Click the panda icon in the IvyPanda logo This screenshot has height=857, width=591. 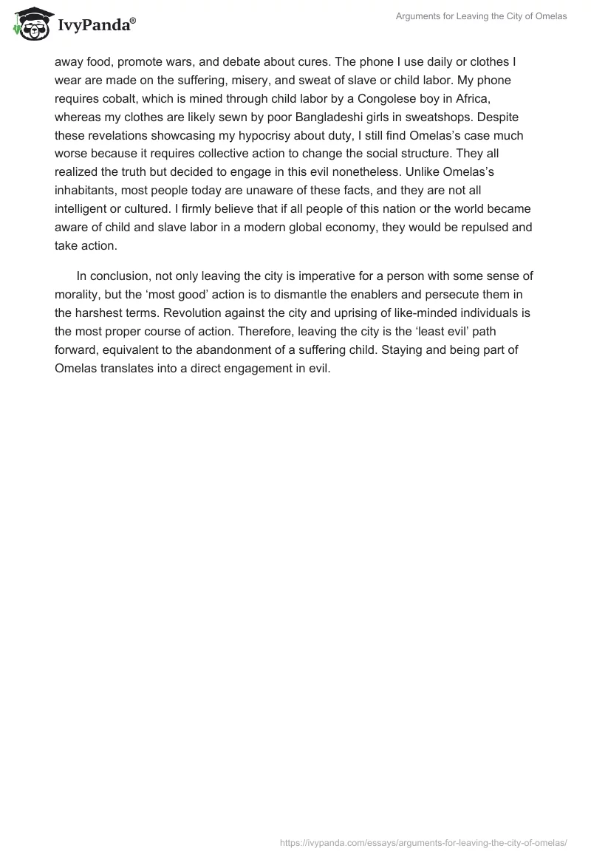[x=30, y=23]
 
